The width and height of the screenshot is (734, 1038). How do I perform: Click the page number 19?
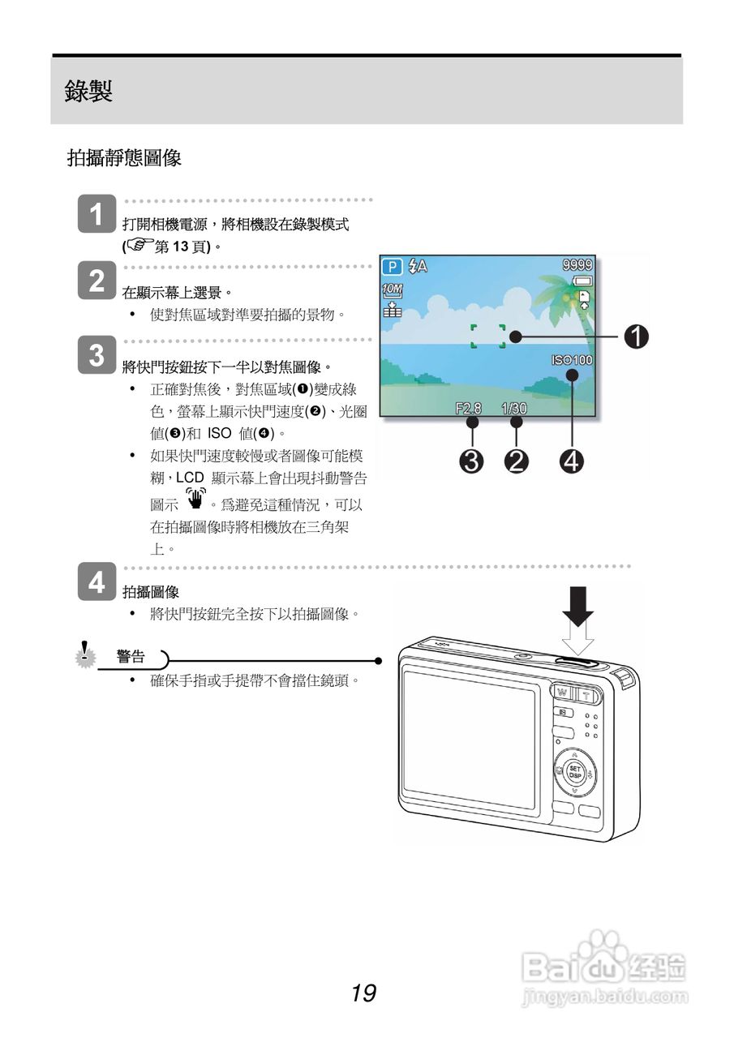(x=363, y=992)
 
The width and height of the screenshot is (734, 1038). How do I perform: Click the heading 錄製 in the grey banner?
(x=88, y=91)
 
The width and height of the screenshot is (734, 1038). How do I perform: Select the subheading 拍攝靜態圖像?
(x=123, y=158)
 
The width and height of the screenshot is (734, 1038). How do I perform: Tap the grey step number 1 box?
(x=97, y=215)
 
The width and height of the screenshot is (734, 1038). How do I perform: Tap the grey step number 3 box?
(x=97, y=354)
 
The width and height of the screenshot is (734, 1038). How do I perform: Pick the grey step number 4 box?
(x=97, y=581)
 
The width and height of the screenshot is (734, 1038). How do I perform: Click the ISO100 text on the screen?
(x=573, y=360)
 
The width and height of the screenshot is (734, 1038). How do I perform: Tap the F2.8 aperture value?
(x=469, y=408)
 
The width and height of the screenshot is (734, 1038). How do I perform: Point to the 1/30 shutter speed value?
(x=514, y=408)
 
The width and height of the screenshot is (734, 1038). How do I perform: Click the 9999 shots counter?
(x=577, y=264)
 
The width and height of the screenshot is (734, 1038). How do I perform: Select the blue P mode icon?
(x=393, y=266)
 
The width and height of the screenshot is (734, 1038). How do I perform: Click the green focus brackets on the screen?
(x=488, y=337)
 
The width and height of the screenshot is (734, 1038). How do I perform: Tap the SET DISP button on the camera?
(x=574, y=771)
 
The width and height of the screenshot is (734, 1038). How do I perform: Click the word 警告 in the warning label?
(x=131, y=656)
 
